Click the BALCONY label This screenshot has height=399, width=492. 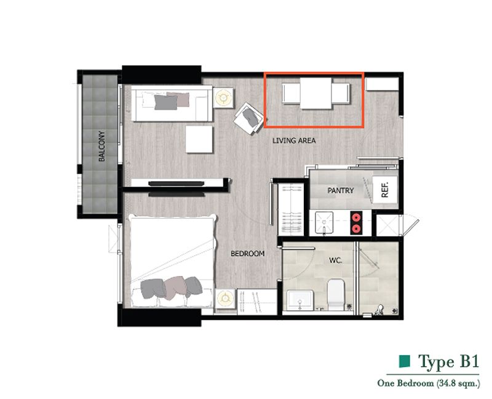[x=101, y=146]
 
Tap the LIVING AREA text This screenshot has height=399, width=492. [x=294, y=140]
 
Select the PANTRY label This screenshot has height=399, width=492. [x=341, y=190]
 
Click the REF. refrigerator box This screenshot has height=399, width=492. [x=385, y=190]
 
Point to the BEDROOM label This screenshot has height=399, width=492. [x=248, y=254]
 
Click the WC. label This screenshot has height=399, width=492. [x=335, y=260]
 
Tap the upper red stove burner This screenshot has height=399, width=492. [x=357, y=217]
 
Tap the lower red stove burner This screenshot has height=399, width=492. [x=357, y=228]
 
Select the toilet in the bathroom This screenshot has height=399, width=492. [x=336, y=294]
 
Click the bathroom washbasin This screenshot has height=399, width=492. [x=300, y=300]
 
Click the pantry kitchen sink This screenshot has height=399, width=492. [x=324, y=222]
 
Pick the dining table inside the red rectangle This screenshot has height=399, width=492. [x=315, y=94]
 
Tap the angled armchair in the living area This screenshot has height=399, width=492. [x=249, y=118]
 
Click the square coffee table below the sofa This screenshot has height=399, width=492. [x=199, y=139]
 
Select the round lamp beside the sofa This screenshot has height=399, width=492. [x=223, y=98]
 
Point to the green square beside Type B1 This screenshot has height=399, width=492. [x=405, y=361]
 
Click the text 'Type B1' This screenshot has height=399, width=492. [x=449, y=361]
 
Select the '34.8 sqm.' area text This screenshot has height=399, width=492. [x=458, y=383]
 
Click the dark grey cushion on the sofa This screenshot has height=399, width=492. [x=165, y=102]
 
